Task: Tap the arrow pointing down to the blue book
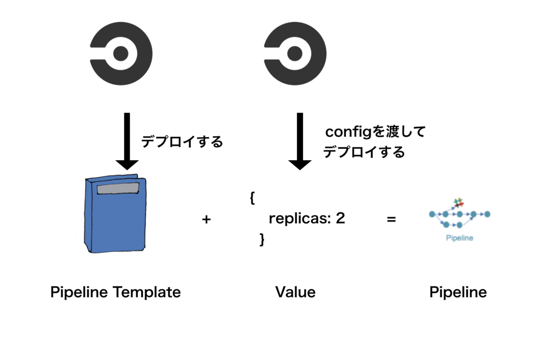(x=127, y=141)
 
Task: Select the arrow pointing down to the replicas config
(x=300, y=141)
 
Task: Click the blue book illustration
(x=116, y=213)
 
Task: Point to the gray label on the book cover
(x=118, y=188)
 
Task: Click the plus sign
(x=207, y=219)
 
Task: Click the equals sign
(x=391, y=219)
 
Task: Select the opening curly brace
(x=252, y=198)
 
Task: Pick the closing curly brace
(x=262, y=240)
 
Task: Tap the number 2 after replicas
(x=341, y=218)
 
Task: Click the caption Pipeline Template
(x=116, y=292)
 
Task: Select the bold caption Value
(x=295, y=292)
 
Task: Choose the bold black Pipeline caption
(x=458, y=292)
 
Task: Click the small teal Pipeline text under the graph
(x=459, y=238)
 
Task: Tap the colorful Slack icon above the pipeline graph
(x=459, y=203)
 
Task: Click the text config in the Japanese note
(x=348, y=132)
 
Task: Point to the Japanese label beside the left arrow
(x=182, y=142)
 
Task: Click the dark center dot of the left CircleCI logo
(x=120, y=54)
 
